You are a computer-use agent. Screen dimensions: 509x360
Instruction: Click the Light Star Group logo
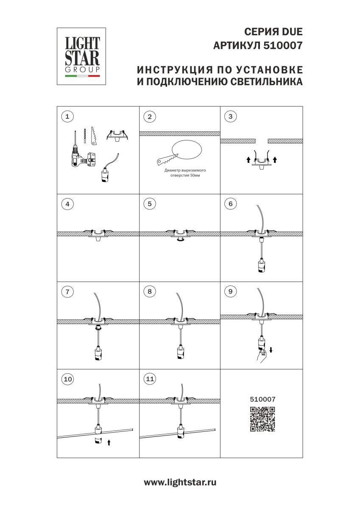click(82, 56)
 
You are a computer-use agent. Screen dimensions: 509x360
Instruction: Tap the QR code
click(262, 419)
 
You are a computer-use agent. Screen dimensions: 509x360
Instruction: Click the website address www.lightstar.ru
click(180, 482)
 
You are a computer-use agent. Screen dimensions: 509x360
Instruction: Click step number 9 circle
click(231, 291)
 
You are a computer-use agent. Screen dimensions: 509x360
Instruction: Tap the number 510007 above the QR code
click(263, 399)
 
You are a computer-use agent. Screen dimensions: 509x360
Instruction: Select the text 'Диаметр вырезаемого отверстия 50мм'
click(181, 173)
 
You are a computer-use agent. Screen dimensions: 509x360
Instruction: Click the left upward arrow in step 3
click(248, 160)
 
